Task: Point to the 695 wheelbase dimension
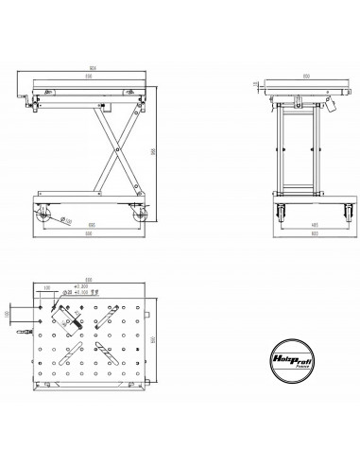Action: tap(90, 225)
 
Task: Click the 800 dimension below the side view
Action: tap(90, 240)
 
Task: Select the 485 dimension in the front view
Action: tap(299, 226)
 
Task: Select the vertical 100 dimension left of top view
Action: tap(9, 312)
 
